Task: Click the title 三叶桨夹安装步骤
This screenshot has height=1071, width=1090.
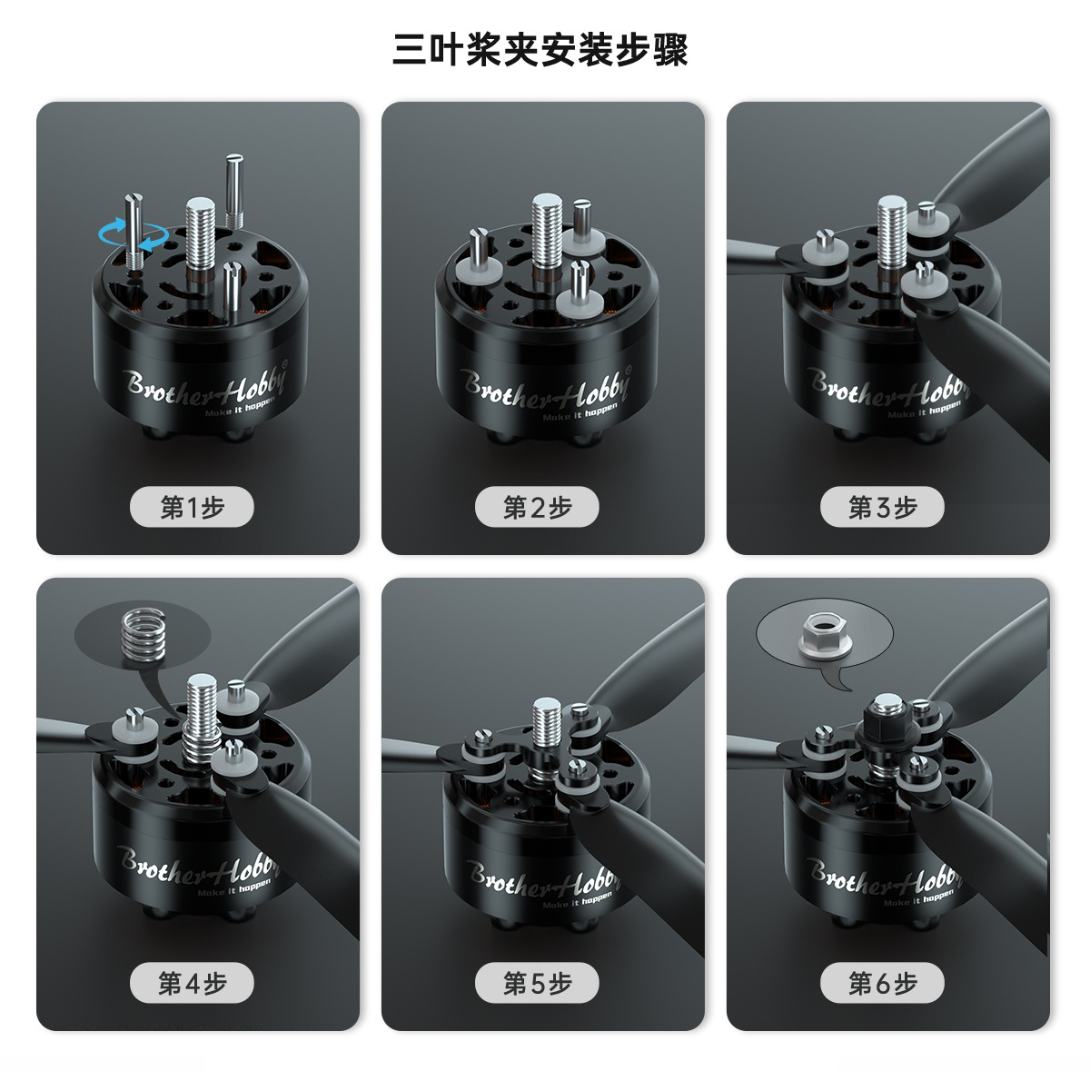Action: click(x=540, y=49)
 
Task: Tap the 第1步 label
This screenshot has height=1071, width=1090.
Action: click(x=192, y=508)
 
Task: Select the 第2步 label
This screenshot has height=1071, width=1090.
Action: click(x=537, y=508)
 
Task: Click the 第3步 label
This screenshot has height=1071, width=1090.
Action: click(x=882, y=508)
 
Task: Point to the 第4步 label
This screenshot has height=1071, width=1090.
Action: click(x=192, y=983)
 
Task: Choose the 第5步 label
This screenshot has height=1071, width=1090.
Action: click(x=537, y=983)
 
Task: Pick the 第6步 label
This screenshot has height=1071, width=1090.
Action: click(x=882, y=983)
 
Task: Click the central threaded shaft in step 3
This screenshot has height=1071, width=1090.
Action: click(x=891, y=232)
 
